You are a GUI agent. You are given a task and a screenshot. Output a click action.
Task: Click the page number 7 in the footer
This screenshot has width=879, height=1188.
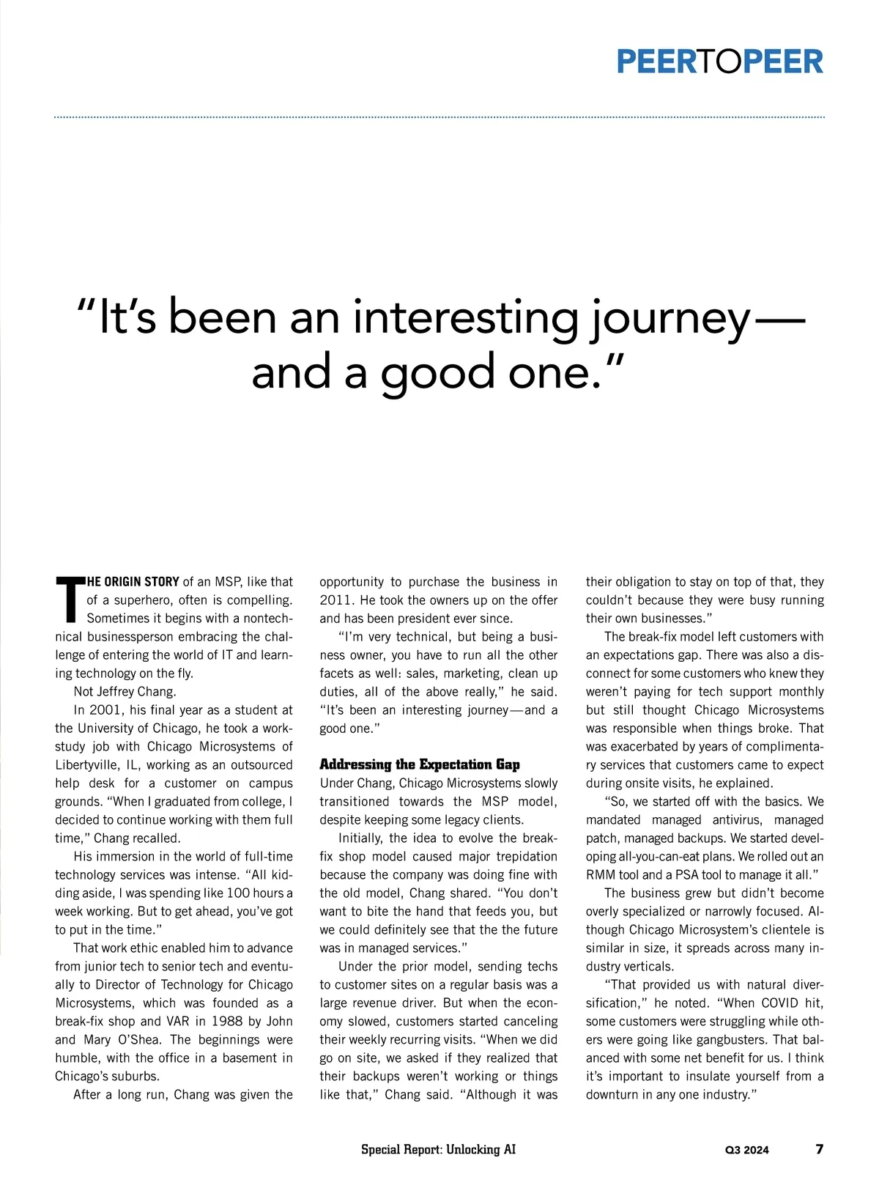coord(819,1148)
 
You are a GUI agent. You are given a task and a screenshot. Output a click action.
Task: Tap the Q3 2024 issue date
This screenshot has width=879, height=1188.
coord(747,1150)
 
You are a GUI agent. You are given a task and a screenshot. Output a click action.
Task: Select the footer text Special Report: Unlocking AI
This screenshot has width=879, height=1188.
coord(438,1149)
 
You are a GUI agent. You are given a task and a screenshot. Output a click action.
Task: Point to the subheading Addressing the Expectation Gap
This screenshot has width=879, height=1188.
coord(420,764)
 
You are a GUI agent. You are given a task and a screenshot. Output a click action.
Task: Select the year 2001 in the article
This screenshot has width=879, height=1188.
coord(105,709)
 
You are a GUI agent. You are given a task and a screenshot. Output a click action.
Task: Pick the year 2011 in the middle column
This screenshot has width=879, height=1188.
coord(335,599)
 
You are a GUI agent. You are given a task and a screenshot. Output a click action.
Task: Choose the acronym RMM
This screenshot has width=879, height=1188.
coord(602,874)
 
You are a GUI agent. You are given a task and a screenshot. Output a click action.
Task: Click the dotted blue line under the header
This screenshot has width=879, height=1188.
coord(439,117)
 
